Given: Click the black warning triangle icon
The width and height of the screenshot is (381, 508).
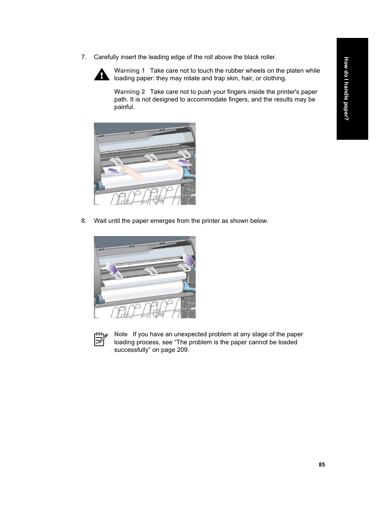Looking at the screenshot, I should tap(102, 74).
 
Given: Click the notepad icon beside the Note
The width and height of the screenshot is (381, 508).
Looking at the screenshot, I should tap(101, 339).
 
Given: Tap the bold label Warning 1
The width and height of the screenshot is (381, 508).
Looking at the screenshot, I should tap(129, 71).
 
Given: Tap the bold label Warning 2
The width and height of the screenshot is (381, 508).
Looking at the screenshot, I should tap(129, 92).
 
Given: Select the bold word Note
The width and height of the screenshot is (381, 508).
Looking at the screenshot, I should tap(121, 334).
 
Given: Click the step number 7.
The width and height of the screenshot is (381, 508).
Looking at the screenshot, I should tap(83, 57).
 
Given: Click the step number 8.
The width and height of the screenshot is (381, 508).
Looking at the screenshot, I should tap(83, 221).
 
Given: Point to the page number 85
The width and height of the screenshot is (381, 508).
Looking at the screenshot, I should tap(322, 464).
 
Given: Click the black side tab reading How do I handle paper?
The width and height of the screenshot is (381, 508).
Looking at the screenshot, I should tap(352, 89).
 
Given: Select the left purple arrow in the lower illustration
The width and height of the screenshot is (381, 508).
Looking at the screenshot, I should tap(113, 268).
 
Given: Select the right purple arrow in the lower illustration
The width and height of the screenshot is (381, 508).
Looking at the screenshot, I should tap(189, 261).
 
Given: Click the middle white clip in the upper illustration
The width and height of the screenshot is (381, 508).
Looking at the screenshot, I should tap(150, 158).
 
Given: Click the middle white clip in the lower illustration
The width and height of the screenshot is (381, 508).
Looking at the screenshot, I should tap(150, 272).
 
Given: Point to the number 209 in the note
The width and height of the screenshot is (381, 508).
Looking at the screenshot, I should tap(182, 350).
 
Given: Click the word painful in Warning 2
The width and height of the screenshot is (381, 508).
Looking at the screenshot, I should tap(124, 107).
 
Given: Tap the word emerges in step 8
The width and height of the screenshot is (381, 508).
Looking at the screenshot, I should tap(163, 221).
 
